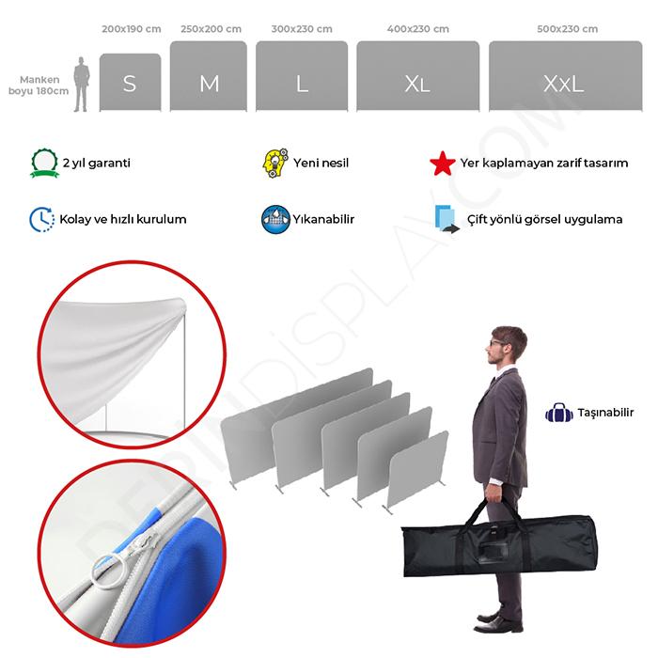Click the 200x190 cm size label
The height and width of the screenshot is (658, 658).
pyautogui.click(x=132, y=29)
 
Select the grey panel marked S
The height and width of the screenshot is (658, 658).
pyautogui.click(x=130, y=83)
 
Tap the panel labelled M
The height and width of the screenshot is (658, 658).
pyautogui.click(x=209, y=76)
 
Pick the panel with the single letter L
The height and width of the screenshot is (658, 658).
pyautogui.click(x=302, y=76)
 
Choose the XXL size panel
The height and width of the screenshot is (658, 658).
pyautogui.click(x=565, y=76)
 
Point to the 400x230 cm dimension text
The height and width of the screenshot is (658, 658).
pyautogui.click(x=418, y=29)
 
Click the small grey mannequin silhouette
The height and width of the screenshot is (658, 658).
pyautogui.click(x=82, y=85)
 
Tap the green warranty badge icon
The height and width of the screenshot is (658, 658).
pyautogui.click(x=44, y=163)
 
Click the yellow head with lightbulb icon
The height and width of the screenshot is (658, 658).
pyautogui.click(x=275, y=163)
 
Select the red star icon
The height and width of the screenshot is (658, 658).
pyautogui.click(x=443, y=164)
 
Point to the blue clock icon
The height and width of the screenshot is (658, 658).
pyautogui.click(x=42, y=219)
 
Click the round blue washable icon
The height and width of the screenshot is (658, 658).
pyautogui.click(x=275, y=219)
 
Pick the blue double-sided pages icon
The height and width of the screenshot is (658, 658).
pyautogui.click(x=446, y=219)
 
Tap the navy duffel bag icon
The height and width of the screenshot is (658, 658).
pyautogui.click(x=559, y=413)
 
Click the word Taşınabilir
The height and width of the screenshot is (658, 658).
pyautogui.click(x=605, y=413)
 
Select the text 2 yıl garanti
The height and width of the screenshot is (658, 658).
pyautogui.click(x=97, y=163)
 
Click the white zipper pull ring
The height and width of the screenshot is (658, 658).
pyautogui.click(x=109, y=572)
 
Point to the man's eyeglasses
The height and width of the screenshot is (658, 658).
pyautogui.click(x=497, y=343)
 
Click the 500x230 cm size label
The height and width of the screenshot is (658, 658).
pyautogui.click(x=568, y=29)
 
